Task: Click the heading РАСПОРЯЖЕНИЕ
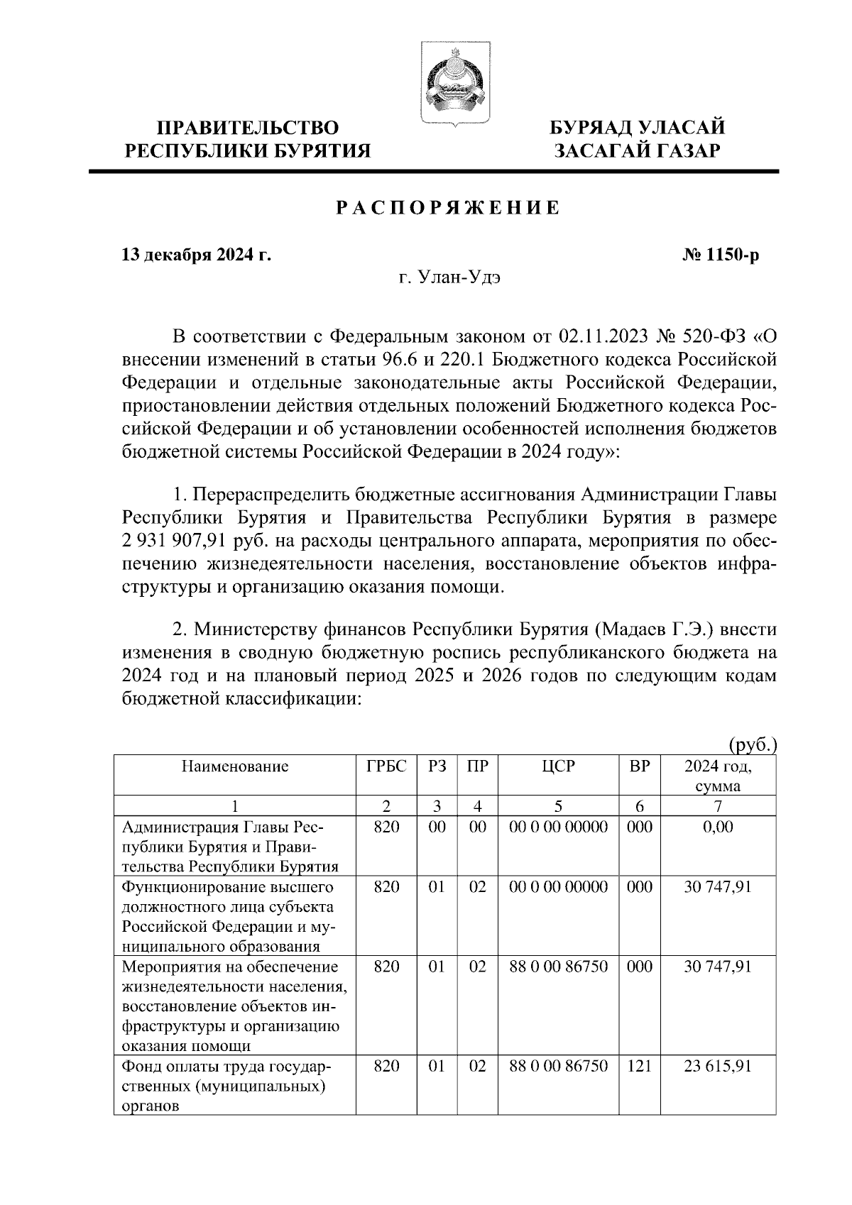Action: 447,208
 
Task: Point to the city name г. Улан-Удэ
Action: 449,278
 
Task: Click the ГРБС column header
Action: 386,766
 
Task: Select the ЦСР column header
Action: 558,766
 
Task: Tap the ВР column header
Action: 640,766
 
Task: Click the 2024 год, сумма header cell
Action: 718,776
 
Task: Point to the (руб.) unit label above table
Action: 753,745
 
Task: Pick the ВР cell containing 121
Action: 640,1067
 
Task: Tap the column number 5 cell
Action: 558,806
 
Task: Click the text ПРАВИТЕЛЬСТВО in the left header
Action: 248,128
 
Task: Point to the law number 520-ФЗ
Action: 699,335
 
